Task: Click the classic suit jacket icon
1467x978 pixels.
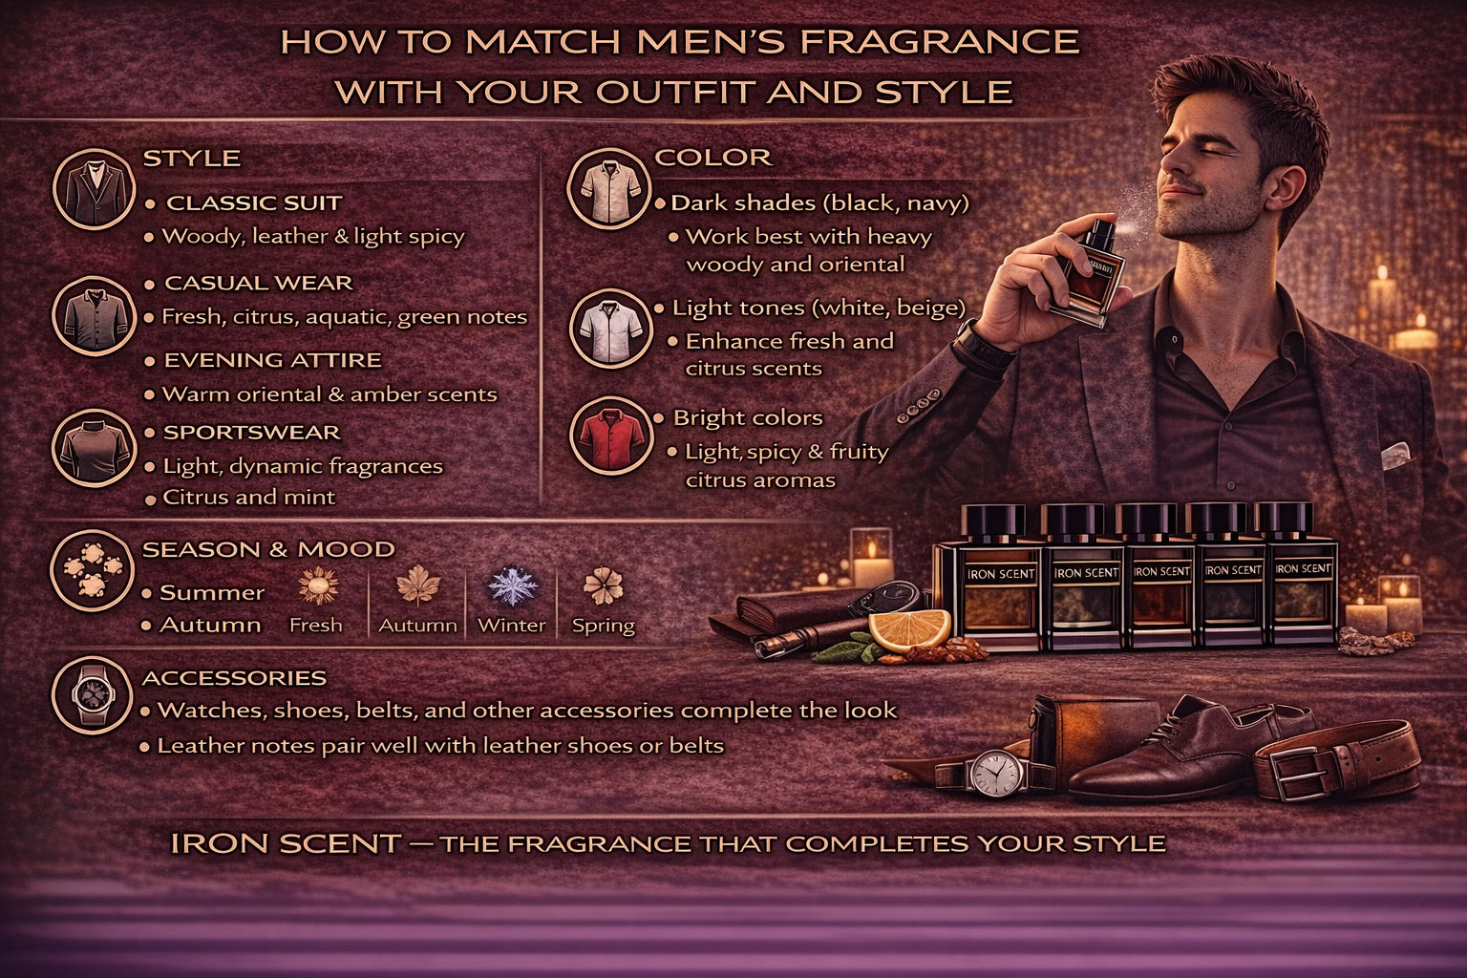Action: click(x=94, y=189)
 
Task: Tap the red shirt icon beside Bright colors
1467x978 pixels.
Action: click(x=610, y=436)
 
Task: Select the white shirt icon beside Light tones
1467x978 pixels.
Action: click(x=610, y=329)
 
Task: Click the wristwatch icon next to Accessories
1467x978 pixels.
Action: click(x=93, y=695)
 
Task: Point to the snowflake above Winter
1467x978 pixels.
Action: click(x=513, y=585)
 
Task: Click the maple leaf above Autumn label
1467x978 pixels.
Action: click(x=418, y=585)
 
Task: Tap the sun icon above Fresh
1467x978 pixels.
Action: click(x=318, y=585)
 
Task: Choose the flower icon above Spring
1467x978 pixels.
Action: click(x=604, y=585)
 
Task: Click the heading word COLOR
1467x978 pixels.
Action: click(x=713, y=158)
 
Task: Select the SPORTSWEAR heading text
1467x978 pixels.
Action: click(x=252, y=433)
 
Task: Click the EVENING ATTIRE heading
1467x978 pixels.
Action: click(x=272, y=360)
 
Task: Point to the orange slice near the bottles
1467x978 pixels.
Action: click(x=909, y=629)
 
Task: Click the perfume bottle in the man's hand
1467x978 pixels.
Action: click(x=1089, y=275)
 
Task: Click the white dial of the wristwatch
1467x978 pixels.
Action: click(x=995, y=773)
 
